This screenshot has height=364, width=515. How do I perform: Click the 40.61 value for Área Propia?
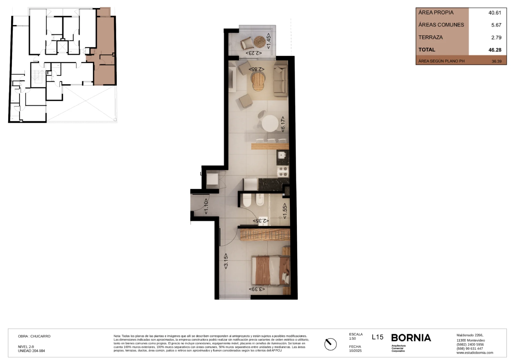[495, 13]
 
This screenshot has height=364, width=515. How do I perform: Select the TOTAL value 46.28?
[495, 50]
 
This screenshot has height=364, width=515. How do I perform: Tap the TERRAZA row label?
[431, 37]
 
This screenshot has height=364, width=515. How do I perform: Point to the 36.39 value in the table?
[496, 61]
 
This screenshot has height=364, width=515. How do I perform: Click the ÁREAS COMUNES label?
[441, 25]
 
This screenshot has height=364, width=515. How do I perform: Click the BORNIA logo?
[411, 338]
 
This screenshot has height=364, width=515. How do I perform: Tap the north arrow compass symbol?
[330, 344]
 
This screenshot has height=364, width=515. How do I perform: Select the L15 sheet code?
[378, 337]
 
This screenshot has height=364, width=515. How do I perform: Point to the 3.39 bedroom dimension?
[257, 289]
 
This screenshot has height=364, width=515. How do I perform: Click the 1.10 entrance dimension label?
[206, 206]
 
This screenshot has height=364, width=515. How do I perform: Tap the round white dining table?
[270, 123]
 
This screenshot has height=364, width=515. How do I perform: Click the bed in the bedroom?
[271, 270]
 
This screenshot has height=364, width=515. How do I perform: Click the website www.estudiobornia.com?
[475, 353]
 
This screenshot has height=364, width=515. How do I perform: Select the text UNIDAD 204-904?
[31, 351]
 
